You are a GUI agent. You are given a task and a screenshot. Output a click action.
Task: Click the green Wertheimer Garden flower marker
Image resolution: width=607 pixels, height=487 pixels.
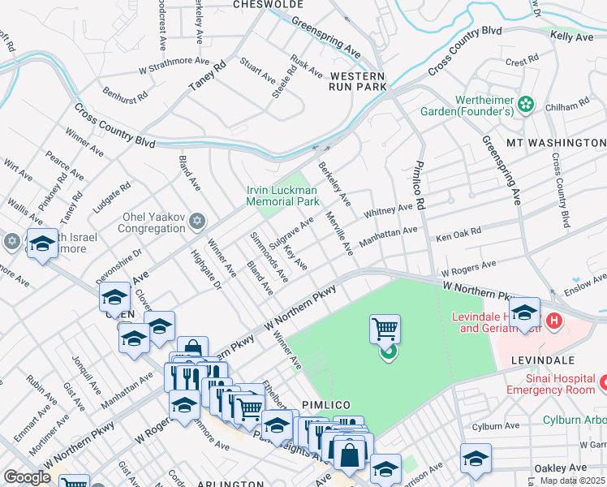[527, 103]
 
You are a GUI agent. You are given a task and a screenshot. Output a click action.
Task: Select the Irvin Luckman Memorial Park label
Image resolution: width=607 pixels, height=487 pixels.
[283, 196]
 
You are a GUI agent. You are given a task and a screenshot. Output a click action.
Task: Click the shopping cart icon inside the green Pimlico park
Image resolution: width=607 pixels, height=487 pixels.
[385, 330]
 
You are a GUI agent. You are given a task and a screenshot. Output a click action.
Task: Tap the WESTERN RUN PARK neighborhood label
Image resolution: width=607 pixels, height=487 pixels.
[356, 81]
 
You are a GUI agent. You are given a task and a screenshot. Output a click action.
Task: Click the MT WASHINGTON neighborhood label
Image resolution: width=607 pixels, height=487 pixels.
[556, 143]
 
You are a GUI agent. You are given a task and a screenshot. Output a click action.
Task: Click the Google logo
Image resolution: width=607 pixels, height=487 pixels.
[27, 476]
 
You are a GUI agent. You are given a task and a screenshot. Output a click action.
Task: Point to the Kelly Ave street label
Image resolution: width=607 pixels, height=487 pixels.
[571, 37]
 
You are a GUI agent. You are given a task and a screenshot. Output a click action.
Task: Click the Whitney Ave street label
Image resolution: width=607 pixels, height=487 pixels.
[388, 211]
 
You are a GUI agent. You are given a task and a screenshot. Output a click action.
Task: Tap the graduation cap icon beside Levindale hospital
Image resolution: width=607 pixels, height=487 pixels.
[524, 313]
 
